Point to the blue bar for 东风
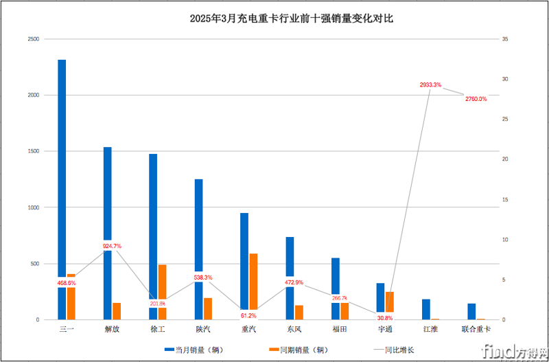coord(290,261)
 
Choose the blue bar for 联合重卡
coord(472,312)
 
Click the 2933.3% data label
coord(430,84)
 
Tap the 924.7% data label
coord(112,246)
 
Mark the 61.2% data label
coord(248,315)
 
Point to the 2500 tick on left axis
coord(32,39)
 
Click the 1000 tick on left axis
coord(32,207)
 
